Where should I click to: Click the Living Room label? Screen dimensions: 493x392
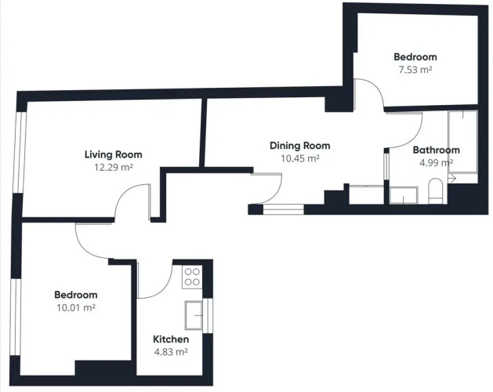pyautogui.click(x=113, y=154)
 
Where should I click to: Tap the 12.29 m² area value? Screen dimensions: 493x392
pyautogui.click(x=114, y=167)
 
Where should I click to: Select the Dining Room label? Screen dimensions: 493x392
pyautogui.click(x=300, y=146)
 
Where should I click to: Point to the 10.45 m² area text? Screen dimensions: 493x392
pyautogui.click(x=300, y=158)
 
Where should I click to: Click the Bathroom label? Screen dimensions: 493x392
pyautogui.click(x=436, y=150)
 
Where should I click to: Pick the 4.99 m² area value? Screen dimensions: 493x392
pyautogui.click(x=436, y=162)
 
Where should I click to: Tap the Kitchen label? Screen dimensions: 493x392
pyautogui.click(x=171, y=339)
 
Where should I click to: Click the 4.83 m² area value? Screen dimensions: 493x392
pyautogui.click(x=171, y=352)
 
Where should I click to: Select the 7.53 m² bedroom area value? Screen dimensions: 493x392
pyautogui.click(x=415, y=70)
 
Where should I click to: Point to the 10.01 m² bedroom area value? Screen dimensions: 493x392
pyautogui.click(x=76, y=307)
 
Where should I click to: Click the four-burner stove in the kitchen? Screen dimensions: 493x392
pyautogui.click(x=192, y=278)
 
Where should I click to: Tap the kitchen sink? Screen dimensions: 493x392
pyautogui.click(x=194, y=315)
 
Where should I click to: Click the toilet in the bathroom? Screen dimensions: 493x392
pyautogui.click(x=436, y=191)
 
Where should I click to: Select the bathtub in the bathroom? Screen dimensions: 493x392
pyautogui.click(x=462, y=142)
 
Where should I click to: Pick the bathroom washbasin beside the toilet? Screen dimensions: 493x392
pyautogui.click(x=404, y=195)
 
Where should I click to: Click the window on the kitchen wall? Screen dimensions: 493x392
pyautogui.click(x=208, y=315)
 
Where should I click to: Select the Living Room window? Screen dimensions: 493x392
pyautogui.click(x=19, y=152)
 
